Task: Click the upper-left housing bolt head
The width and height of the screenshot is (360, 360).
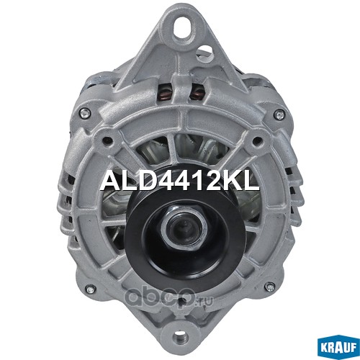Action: pyautogui.click(x=85, y=113)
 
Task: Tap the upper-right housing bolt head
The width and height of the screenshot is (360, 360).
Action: pyautogui.click(x=280, y=114)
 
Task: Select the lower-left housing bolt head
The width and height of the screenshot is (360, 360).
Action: pyautogui.click(x=90, y=289)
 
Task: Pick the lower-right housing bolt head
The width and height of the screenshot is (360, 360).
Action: pyautogui.click(x=271, y=287)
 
